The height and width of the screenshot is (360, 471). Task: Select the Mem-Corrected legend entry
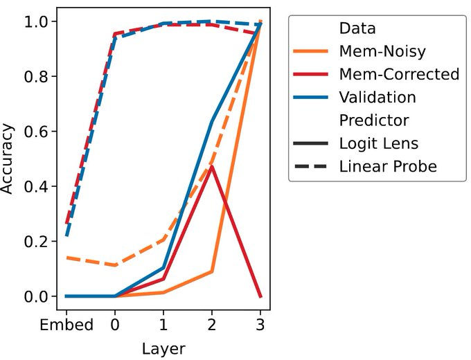[399, 74]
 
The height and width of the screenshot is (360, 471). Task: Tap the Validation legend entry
[377, 97]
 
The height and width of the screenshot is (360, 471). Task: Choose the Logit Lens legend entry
[378, 143]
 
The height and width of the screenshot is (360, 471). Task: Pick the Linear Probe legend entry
[388, 166]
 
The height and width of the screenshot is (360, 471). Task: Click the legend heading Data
[357, 29]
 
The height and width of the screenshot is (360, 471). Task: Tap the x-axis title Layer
[163, 348]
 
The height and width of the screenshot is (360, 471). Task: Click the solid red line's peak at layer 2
[211, 166]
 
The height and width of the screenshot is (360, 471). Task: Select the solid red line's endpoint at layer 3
[260, 296]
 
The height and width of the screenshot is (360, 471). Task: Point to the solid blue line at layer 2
[211, 122]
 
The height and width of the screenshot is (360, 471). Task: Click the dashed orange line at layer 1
[163, 240]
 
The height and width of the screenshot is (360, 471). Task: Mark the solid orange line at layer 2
[211, 271]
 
